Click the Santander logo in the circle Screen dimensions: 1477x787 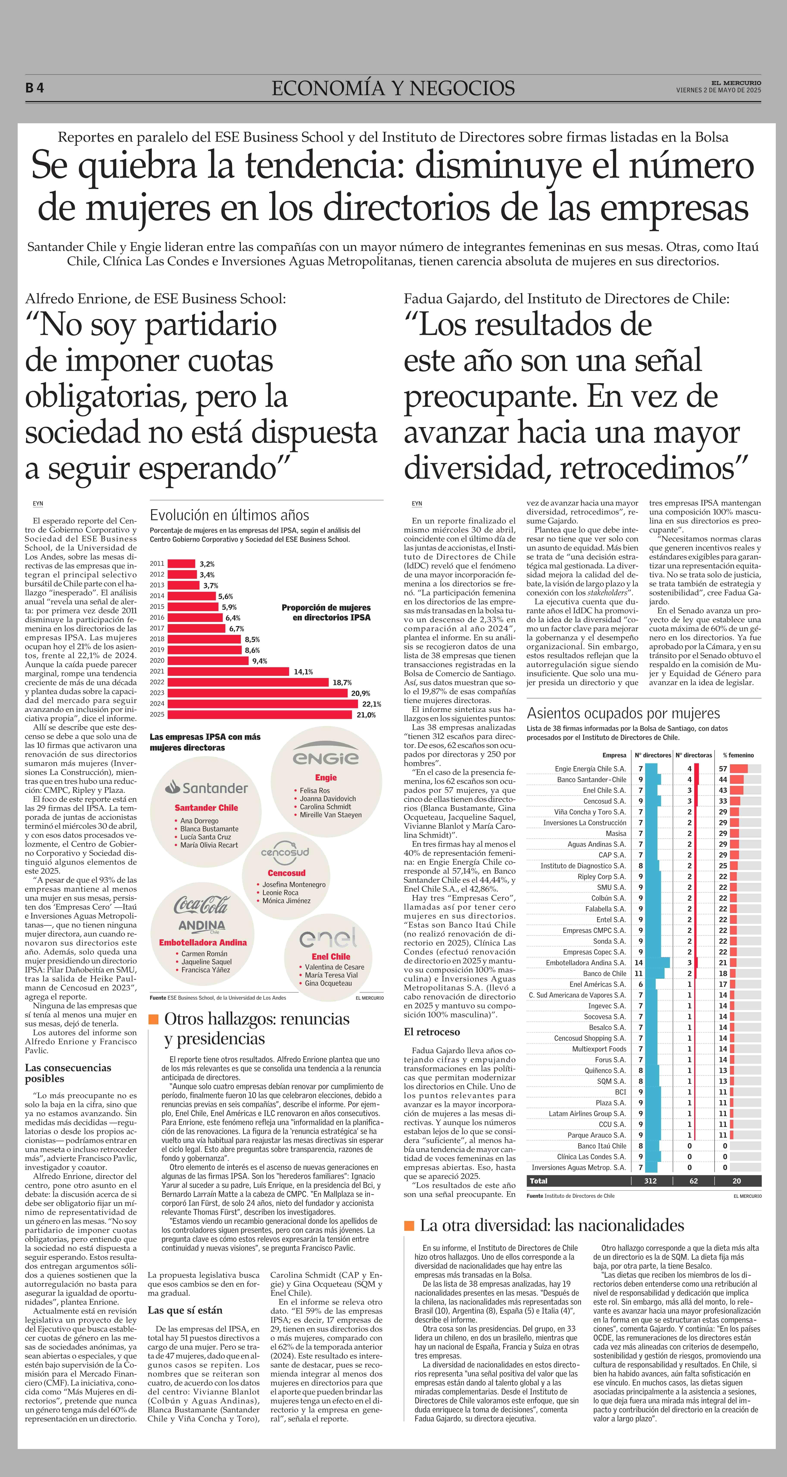[206, 788]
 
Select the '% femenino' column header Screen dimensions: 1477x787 [738, 755]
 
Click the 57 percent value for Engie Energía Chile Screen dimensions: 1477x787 [723, 769]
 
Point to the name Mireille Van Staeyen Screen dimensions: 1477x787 [330, 815]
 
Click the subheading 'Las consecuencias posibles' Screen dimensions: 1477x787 [68, 1073]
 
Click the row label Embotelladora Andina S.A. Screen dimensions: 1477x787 [586, 963]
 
